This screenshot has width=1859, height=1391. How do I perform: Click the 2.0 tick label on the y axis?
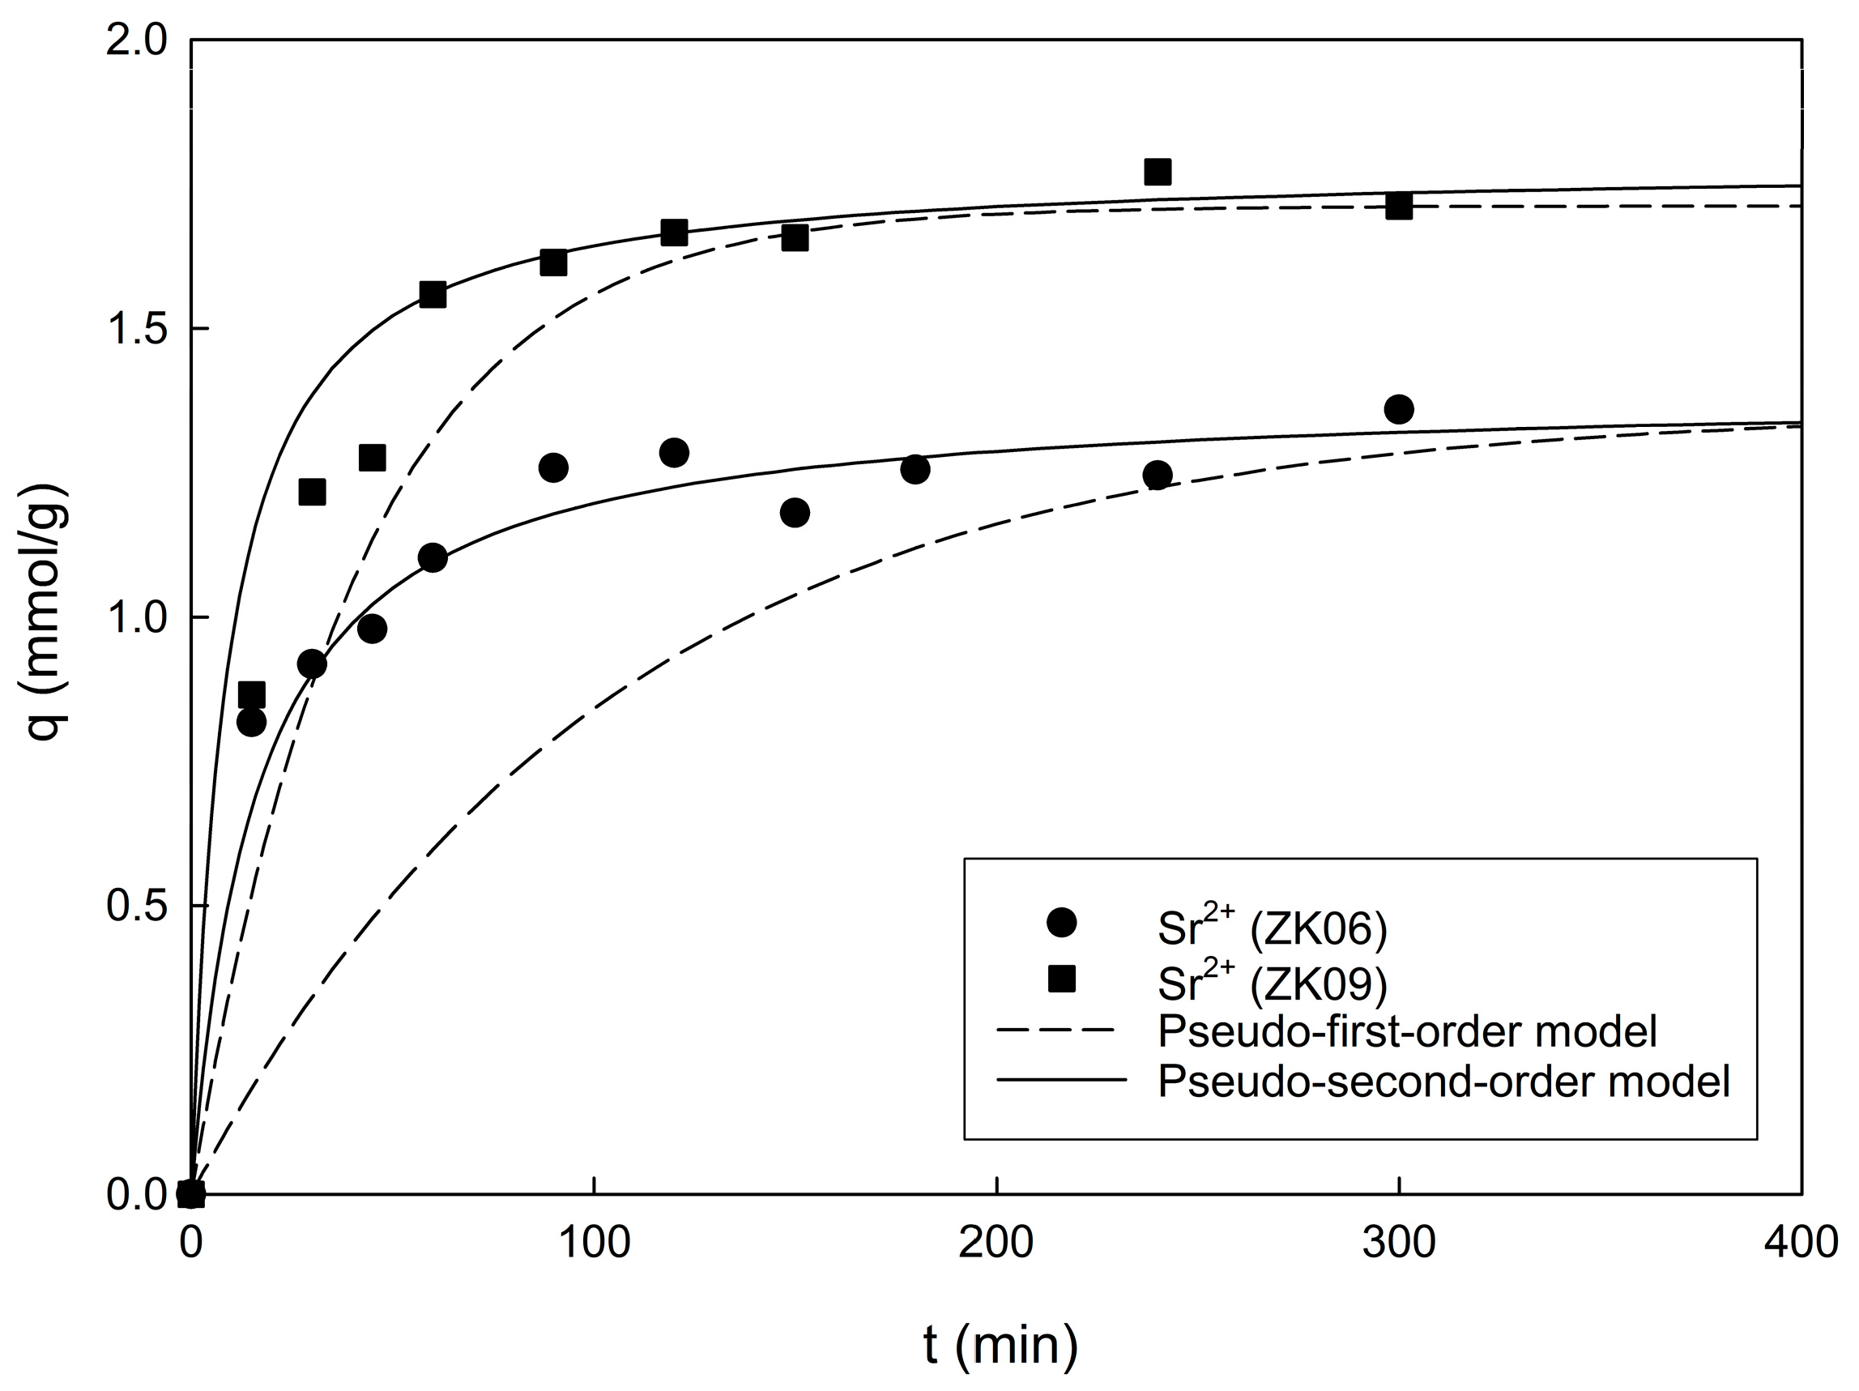[x=137, y=41]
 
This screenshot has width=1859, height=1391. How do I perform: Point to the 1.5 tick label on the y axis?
[x=137, y=330]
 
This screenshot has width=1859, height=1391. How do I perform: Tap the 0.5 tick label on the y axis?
[x=137, y=906]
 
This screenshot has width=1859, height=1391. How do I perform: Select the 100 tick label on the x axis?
[x=595, y=1242]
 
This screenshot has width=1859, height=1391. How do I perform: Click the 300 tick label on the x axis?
[x=1398, y=1242]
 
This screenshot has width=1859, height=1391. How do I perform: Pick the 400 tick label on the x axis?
[x=1800, y=1242]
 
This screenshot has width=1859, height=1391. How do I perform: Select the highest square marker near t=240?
[x=1158, y=172]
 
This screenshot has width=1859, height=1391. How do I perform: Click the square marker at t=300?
[x=1398, y=206]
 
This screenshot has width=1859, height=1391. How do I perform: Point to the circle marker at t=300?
[x=1398, y=409]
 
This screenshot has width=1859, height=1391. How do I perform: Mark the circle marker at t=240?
[x=1158, y=475]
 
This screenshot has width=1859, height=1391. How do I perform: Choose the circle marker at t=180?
[x=915, y=469]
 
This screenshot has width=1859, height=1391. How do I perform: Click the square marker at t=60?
[x=433, y=294]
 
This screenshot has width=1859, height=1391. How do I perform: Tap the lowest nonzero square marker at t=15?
[x=251, y=695]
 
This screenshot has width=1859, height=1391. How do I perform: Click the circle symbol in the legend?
[x=1061, y=922]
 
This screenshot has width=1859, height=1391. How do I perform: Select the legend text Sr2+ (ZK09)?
[x=1273, y=982]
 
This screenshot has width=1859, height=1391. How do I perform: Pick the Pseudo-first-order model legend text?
[x=1407, y=1031]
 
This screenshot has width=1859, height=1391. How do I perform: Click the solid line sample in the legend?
[x=1061, y=1080]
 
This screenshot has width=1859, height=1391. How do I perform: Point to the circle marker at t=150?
[x=795, y=513]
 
